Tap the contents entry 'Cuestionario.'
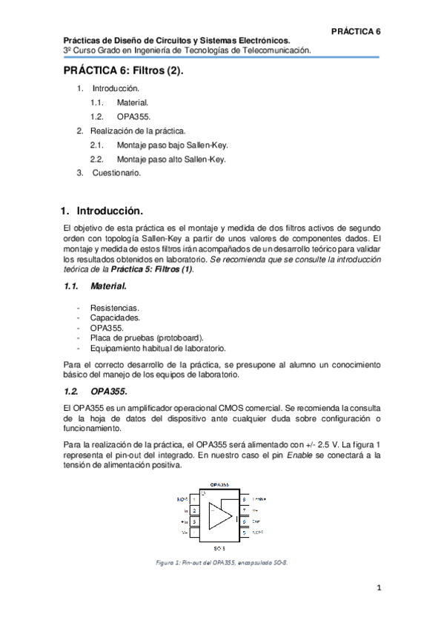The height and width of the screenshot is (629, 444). tap(116, 173)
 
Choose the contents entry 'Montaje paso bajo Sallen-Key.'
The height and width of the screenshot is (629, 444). tap(171, 145)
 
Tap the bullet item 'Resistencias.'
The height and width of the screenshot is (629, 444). tap(114, 307)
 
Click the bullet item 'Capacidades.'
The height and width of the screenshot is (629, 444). tap(115, 317)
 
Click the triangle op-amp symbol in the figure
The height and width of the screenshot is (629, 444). tap(220, 515)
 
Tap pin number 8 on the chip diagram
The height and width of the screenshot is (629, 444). tap(244, 499)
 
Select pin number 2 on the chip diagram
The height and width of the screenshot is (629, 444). tap(194, 510)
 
